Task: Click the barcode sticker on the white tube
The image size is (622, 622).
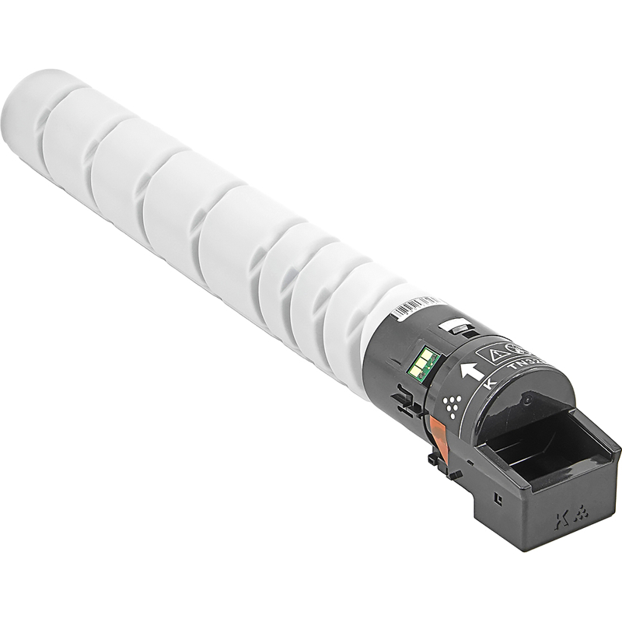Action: (x=415, y=306)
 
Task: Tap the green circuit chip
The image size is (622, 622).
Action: (x=424, y=362)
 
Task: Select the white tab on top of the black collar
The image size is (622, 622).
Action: (x=455, y=327)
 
